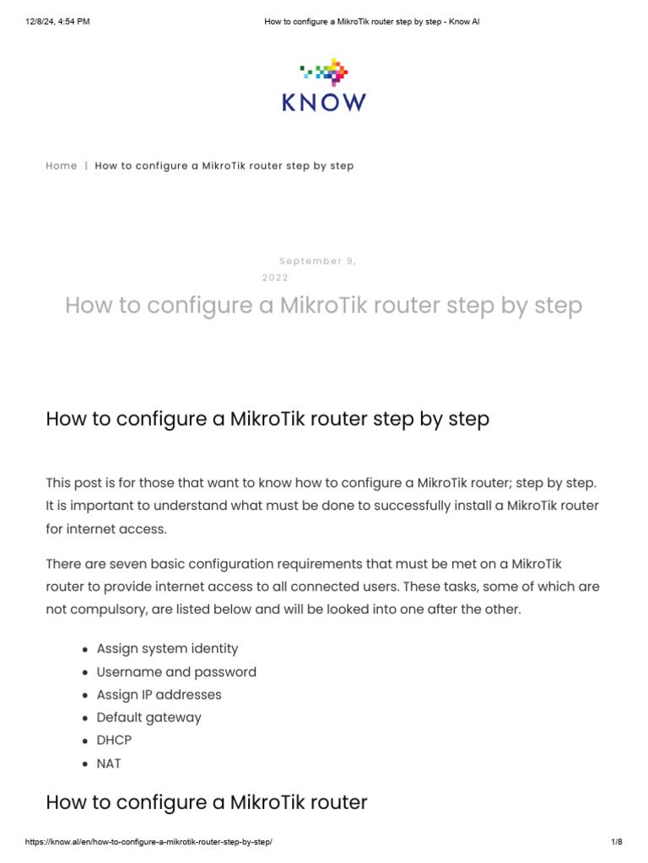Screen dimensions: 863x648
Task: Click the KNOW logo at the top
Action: tap(324, 85)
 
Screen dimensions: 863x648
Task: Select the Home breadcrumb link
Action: tap(62, 166)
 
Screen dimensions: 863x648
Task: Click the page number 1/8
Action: tap(616, 842)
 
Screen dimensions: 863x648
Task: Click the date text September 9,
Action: tap(318, 261)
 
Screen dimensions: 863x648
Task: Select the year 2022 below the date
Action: tap(275, 277)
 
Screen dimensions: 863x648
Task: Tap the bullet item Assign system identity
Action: tap(167, 649)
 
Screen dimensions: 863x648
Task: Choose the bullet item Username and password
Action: tap(176, 672)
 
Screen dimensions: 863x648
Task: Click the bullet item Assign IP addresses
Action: tap(159, 694)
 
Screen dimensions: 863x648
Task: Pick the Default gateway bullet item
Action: tap(148, 717)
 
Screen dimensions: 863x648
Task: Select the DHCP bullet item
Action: tap(114, 740)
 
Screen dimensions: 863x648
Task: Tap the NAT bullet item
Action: tap(109, 764)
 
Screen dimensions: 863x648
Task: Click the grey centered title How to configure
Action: tap(324, 305)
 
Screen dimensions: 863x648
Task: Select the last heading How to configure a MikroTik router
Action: tap(207, 801)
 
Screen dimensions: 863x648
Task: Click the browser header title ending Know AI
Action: tap(371, 21)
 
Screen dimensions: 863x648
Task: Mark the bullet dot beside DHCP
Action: tap(86, 741)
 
